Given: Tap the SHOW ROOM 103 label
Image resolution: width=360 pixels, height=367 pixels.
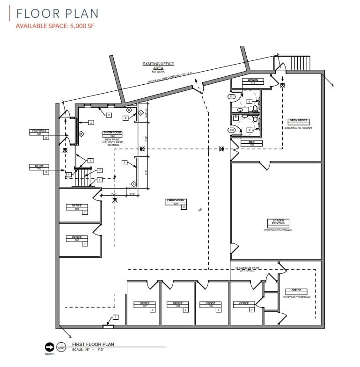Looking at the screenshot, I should coord(110,135).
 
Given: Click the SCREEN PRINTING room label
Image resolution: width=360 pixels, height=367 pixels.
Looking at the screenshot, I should coord(278,223).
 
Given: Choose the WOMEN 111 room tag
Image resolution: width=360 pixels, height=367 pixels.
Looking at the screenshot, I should coord(253,81).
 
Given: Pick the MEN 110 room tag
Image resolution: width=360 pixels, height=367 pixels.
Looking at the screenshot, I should coord(251,142).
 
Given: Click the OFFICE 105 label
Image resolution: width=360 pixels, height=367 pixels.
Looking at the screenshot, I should coord(77,207).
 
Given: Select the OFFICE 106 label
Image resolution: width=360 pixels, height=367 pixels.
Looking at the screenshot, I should coord(77,238).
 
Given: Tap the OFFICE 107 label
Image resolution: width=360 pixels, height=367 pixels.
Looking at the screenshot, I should coord(144,304).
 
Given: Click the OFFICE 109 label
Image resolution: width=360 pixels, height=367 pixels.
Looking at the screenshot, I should coord(211,304).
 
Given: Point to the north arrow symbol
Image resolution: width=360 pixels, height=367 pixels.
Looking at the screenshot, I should coord(49,347).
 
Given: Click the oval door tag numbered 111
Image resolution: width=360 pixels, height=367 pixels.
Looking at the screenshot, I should coord(231,96).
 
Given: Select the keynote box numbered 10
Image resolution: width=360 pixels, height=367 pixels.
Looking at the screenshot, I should coord(99,170).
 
